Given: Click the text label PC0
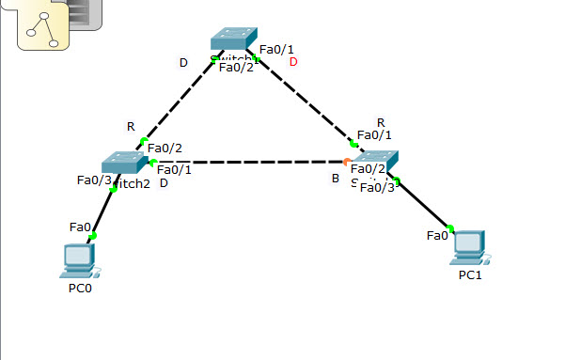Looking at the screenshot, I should (80, 289).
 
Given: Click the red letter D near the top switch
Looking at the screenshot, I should (293, 62).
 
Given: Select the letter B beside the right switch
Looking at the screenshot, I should (335, 178).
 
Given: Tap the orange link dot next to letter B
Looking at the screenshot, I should (346, 162).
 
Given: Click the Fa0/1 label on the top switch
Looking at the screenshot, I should (276, 49).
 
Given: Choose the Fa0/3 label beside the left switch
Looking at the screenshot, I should (94, 180).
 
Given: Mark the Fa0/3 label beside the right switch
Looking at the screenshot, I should (377, 187).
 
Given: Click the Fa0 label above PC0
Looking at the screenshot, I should (80, 227).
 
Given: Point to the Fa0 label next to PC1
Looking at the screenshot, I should (437, 235).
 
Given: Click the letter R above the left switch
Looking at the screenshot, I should (131, 127).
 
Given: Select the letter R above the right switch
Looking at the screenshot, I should (381, 122).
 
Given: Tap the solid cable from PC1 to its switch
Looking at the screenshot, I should (425, 205).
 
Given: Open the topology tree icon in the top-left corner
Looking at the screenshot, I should (39, 27).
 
